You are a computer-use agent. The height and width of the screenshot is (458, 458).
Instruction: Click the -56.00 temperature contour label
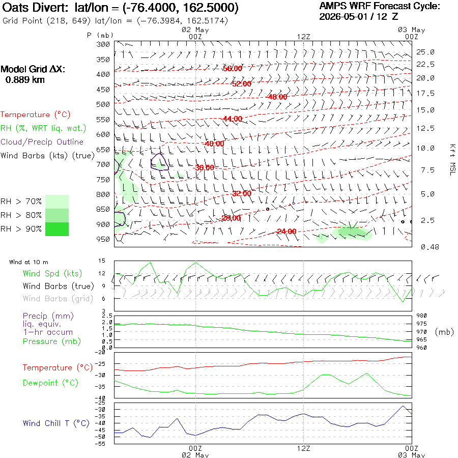[233, 68]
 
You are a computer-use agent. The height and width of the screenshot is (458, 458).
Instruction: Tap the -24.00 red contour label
[287, 232]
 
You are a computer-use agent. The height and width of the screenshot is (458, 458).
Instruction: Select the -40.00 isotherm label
[214, 144]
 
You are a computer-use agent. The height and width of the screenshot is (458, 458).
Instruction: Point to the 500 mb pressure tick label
[103, 104]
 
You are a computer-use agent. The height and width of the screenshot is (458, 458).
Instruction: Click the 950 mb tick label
[103, 239]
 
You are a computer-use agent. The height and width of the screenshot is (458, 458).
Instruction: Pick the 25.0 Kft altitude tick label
[425, 52]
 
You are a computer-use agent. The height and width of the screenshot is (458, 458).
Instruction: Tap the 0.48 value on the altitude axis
[430, 247]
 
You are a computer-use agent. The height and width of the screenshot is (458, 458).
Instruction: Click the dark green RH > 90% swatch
[57, 229]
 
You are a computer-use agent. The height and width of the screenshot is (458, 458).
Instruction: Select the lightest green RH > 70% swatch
[57, 202]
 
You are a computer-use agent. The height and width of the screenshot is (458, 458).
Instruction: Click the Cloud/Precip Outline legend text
[42, 142]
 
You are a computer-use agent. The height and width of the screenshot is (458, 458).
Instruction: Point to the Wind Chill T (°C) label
[56, 423]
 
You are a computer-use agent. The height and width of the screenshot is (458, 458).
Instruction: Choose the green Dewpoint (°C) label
[50, 383]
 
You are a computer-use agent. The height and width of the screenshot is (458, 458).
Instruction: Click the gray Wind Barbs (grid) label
[58, 299]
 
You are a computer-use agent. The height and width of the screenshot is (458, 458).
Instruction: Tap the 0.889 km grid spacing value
[25, 80]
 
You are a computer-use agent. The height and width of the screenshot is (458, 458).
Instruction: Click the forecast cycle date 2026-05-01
[343, 16]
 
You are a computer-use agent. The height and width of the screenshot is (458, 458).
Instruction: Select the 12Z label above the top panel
[304, 37]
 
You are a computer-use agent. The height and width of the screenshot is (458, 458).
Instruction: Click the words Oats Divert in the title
[35, 8]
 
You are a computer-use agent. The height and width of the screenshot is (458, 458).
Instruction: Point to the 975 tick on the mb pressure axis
[421, 324]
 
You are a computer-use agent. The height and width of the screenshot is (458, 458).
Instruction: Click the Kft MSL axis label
[452, 160]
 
